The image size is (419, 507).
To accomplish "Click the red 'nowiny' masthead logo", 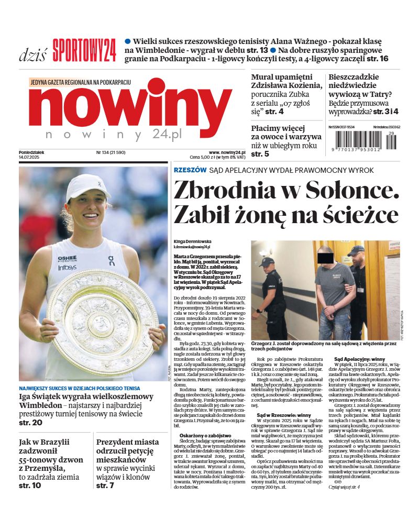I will (x=129, y=107).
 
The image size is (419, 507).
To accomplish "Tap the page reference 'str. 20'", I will (x=31, y=422).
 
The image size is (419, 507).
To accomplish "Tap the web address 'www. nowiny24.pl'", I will (x=227, y=152).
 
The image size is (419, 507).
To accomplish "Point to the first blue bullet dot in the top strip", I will (x=127, y=41).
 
